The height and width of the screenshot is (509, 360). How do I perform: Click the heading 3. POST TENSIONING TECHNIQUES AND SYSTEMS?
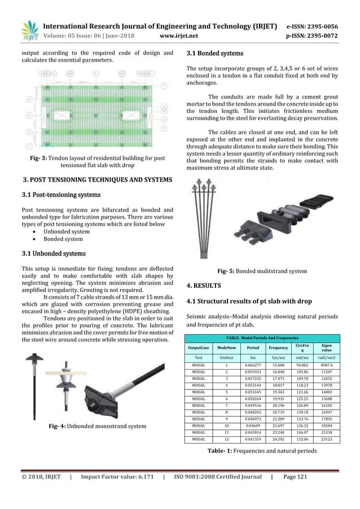[97, 180]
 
